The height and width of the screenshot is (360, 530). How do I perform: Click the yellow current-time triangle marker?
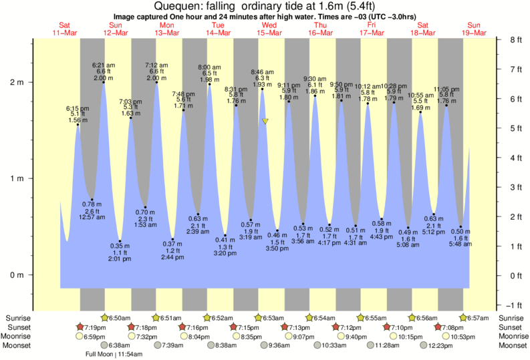click(265, 121)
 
